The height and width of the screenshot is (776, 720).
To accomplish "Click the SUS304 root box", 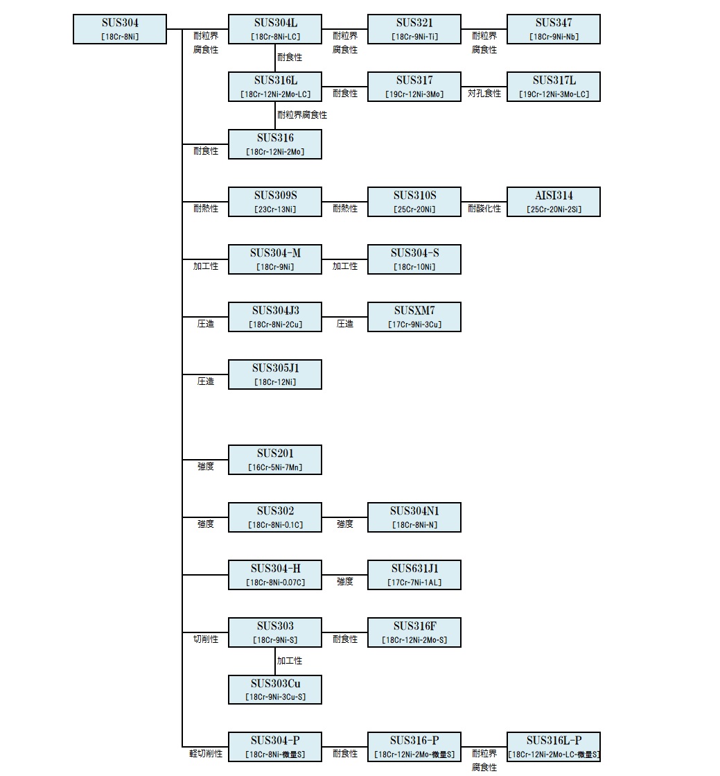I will (120, 29).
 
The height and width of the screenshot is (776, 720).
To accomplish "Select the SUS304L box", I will (275, 29).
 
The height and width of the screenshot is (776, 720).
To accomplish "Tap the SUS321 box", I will (414, 29).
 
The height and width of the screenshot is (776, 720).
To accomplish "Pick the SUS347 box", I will (554, 29).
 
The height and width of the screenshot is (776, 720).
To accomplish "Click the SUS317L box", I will (554, 87).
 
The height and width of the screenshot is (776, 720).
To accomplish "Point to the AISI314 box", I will (554, 202).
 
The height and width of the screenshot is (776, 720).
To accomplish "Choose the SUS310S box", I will (414, 202).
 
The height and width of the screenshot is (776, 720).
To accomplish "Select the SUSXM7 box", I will (414, 317).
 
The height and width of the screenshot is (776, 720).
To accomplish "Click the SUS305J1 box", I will (275, 374).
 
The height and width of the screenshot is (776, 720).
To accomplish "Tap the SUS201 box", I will (275, 460).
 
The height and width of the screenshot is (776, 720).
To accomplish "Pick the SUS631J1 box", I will (414, 575).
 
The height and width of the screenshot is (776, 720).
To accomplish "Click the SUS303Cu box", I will (275, 690).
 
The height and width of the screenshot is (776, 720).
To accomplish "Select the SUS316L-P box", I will (554, 748).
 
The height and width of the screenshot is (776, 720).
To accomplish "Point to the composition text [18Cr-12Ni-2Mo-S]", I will (414, 640).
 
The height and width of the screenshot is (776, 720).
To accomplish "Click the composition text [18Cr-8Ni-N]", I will (414, 525).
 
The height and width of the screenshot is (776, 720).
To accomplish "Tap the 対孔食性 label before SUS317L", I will (484, 94).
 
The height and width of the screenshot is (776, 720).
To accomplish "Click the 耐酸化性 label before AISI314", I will (484, 209).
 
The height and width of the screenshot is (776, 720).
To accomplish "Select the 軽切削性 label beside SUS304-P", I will (206, 754).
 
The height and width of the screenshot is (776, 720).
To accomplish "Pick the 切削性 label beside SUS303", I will (206, 639).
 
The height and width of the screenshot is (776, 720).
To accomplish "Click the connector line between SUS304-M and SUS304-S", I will (344, 259).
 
